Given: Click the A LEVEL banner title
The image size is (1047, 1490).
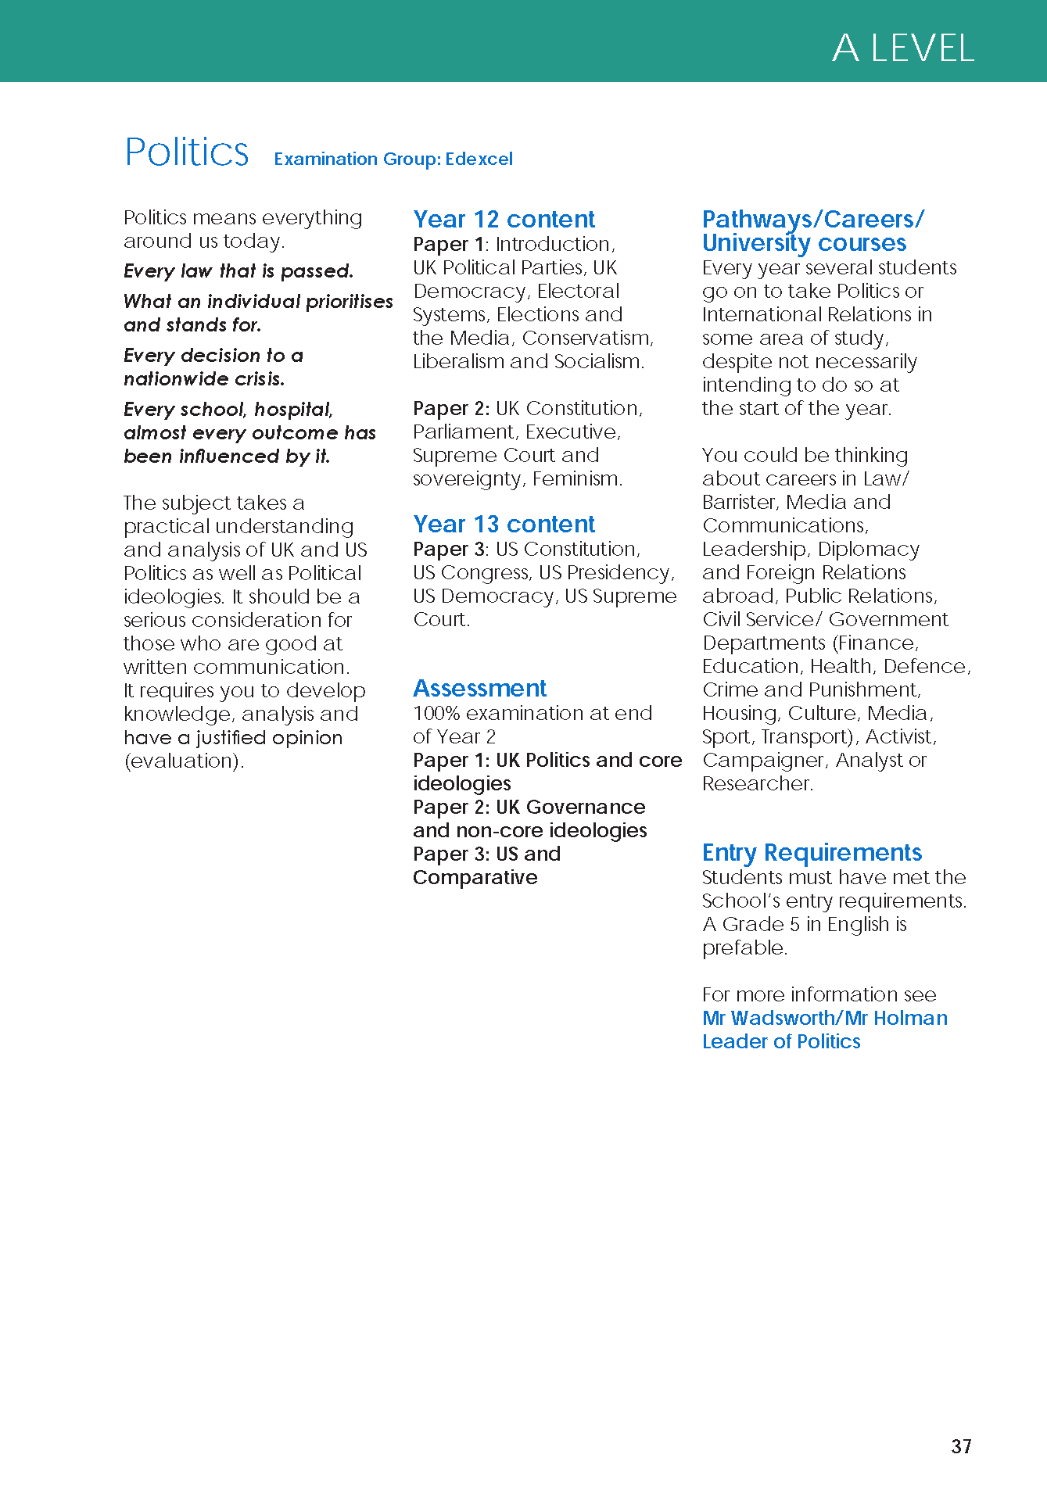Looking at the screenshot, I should pyautogui.click(x=903, y=48).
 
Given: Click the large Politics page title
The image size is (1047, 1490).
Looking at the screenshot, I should pyautogui.click(x=187, y=152).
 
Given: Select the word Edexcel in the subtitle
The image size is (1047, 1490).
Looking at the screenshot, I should pyautogui.click(x=479, y=159).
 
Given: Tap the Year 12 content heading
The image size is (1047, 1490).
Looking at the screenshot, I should pyautogui.click(x=504, y=219).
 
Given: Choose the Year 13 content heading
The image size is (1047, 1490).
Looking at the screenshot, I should pyautogui.click(x=504, y=524).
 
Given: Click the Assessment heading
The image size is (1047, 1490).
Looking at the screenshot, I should pyautogui.click(x=479, y=688).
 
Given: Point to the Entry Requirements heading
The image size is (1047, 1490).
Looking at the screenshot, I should pyautogui.click(x=812, y=852).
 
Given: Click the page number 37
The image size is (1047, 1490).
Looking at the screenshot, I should pyautogui.click(x=961, y=1446).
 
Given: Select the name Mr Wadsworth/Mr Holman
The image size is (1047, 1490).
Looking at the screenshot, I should pyautogui.click(x=824, y=1018).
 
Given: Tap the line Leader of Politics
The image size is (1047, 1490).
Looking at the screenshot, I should pyautogui.click(x=780, y=1041).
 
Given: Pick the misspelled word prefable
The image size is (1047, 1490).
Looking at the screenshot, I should pyautogui.click(x=744, y=948).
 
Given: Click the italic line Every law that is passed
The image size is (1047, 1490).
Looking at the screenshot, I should pyautogui.click(x=238, y=271).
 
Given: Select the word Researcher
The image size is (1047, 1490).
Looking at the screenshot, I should pyautogui.click(x=757, y=783).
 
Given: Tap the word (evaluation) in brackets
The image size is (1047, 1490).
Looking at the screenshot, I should pyautogui.click(x=183, y=761).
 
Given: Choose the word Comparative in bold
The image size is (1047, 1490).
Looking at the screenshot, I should pyautogui.click(x=475, y=877).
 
